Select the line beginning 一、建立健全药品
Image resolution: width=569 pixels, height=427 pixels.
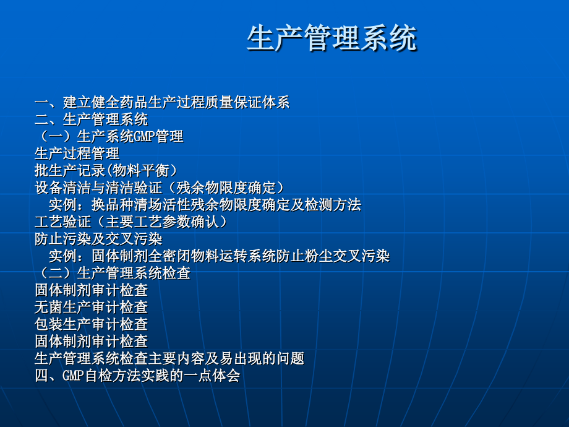pyautogui.click(x=162, y=103)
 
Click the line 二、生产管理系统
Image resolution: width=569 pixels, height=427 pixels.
pyautogui.click(x=92, y=119)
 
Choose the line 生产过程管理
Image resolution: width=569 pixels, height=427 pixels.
pyautogui.click(x=77, y=153)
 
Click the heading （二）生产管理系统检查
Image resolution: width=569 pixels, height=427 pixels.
pyautogui.click(x=113, y=272)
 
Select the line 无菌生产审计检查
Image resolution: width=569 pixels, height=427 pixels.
pyautogui.click(x=92, y=306)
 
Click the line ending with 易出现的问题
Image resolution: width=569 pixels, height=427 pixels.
pyautogui.click(x=169, y=358)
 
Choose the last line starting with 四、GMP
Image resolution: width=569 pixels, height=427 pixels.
pyautogui.click(x=137, y=375)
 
